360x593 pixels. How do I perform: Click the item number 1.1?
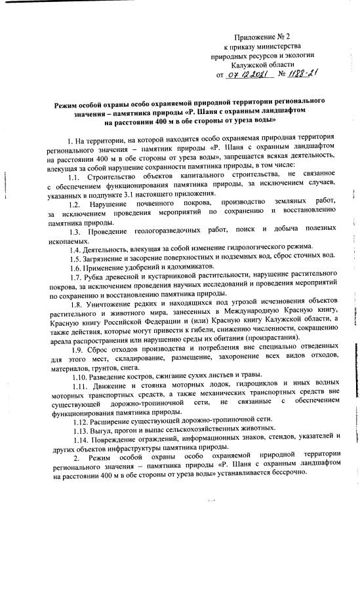(x=75, y=176)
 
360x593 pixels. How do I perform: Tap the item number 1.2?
(x=75, y=204)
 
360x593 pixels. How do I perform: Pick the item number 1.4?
(x=75, y=251)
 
